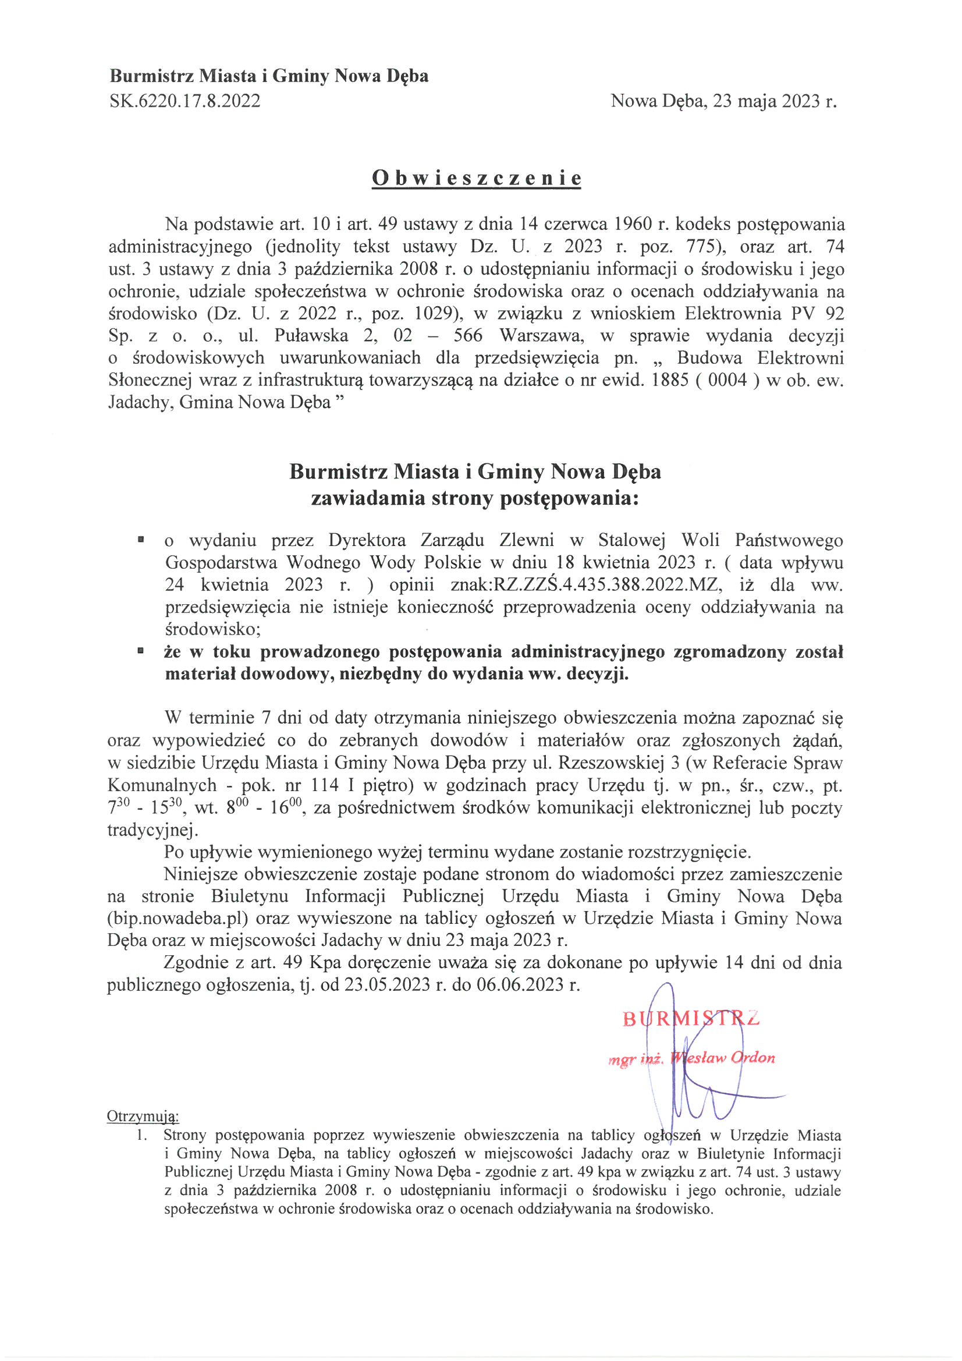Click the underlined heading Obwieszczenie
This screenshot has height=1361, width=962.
[x=476, y=178]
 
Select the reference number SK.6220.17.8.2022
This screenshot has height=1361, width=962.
[x=184, y=101]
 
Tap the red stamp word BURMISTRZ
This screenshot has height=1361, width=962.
[x=691, y=1018]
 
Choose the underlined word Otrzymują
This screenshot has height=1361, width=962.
[x=142, y=1116]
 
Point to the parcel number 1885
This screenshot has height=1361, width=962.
[x=669, y=380]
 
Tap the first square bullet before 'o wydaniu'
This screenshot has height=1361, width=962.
[x=141, y=540]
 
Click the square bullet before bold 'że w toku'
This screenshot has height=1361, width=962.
[x=141, y=651]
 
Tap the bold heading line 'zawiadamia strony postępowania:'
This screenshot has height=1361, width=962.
[x=475, y=498]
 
